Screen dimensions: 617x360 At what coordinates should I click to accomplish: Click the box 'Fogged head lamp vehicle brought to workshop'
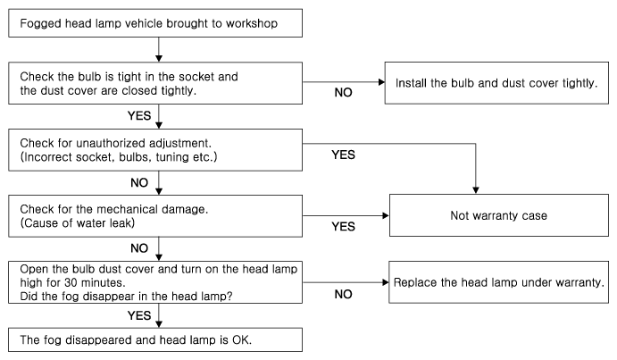(x=155, y=23)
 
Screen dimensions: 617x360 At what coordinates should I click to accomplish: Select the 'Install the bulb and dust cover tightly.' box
(x=496, y=83)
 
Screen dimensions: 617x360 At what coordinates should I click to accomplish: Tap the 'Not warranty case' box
(x=499, y=215)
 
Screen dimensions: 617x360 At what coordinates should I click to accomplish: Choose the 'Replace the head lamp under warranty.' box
(x=498, y=282)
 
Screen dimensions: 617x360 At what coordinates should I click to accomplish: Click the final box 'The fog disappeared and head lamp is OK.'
(x=155, y=339)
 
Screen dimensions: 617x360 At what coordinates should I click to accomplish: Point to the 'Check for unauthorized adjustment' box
(x=155, y=150)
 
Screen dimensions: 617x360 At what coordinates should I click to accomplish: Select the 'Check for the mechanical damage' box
(x=155, y=216)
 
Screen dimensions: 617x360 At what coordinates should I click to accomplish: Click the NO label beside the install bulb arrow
(x=343, y=93)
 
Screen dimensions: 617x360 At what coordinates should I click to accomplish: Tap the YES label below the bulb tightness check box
(x=139, y=116)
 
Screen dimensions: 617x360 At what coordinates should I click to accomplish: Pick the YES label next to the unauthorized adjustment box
(x=343, y=155)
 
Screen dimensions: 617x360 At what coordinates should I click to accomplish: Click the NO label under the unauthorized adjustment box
(x=139, y=183)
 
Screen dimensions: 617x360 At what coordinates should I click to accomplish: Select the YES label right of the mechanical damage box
(x=343, y=227)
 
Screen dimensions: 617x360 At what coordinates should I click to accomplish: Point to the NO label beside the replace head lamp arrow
(x=343, y=294)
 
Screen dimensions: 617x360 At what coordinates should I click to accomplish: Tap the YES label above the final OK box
(x=139, y=315)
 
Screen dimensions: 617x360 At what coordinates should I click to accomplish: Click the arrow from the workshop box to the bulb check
(x=159, y=50)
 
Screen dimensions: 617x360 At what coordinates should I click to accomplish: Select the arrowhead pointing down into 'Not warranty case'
(x=476, y=190)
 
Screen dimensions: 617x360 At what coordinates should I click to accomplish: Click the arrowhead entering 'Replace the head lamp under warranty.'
(x=386, y=282)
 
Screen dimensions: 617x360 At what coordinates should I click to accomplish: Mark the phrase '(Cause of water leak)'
(x=78, y=223)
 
